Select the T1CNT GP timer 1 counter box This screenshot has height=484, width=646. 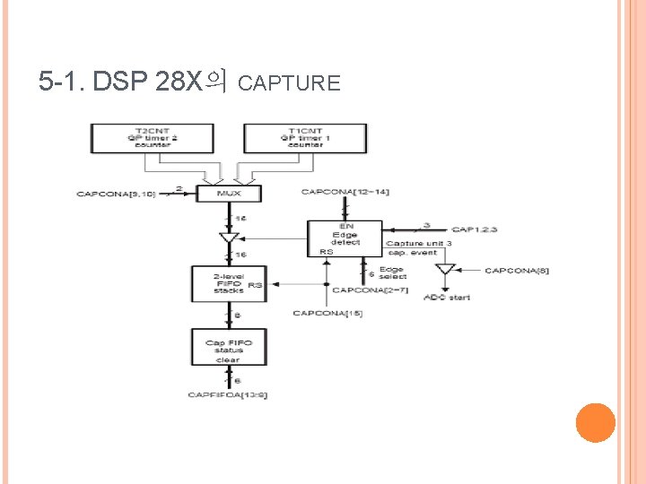pos(305,137)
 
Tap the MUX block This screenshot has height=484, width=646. pos(230,193)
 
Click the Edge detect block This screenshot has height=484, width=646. pos(345,238)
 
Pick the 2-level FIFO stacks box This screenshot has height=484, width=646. pos(229,283)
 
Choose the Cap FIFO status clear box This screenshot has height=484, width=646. pos(229,350)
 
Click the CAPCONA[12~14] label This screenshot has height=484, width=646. pos(345,192)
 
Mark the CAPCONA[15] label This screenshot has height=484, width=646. pos(327,313)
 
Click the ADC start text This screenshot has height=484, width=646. pos(447,297)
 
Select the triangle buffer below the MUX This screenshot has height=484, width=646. pos(229,238)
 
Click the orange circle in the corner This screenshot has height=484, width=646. pos(594,422)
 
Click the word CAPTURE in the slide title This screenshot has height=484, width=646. pos(291,84)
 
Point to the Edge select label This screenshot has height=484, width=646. pos(392,272)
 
